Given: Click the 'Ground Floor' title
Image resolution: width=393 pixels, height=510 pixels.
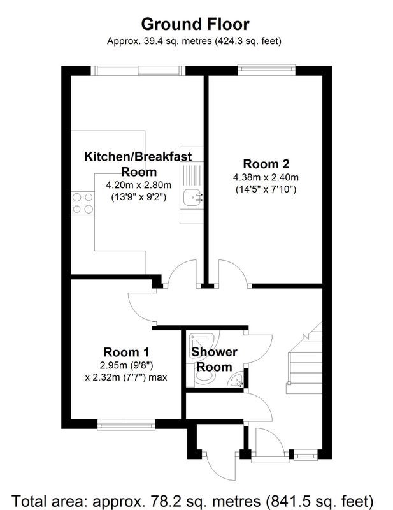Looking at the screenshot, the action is point(195,24).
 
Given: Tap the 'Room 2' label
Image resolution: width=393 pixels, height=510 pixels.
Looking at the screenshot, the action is point(266,164).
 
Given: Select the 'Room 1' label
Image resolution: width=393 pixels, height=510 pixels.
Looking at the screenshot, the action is point(126,352).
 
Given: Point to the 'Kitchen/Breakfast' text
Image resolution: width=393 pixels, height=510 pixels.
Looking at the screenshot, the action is point(138,156).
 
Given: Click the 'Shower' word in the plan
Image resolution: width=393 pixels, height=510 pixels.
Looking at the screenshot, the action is point(214,352).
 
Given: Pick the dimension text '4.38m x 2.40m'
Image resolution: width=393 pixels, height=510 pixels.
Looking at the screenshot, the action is point(266,177).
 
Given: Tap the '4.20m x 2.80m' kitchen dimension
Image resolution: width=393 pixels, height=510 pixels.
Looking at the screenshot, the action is point(138,185).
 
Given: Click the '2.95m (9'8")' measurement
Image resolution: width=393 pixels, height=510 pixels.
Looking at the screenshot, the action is point(126,365).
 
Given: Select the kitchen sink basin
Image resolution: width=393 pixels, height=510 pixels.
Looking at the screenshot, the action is point(193,198).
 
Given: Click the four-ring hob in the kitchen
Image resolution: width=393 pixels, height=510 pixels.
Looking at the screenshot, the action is point(83,203).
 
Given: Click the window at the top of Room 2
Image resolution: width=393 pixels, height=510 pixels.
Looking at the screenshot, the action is point(266,69).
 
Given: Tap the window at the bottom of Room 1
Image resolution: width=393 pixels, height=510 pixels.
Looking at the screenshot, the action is point(126,425).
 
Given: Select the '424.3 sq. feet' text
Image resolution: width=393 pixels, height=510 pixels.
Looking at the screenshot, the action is point(248,41).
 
